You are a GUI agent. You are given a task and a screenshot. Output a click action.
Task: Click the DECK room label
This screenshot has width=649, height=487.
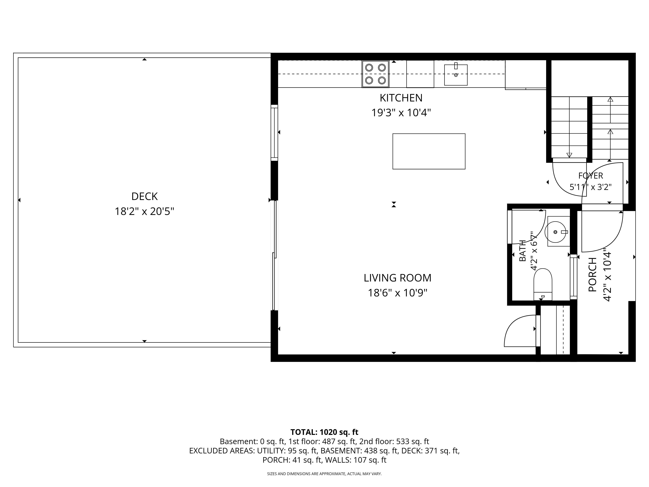[x=144, y=196]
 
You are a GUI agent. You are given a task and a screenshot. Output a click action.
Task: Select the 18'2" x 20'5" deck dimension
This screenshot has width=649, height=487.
[x=144, y=211]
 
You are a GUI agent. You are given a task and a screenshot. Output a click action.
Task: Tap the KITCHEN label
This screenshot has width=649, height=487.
[x=401, y=98]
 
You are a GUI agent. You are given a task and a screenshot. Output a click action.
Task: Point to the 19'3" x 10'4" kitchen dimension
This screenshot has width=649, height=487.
[x=401, y=113]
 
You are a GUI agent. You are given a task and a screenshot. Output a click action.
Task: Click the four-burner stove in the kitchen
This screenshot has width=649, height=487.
[x=376, y=74]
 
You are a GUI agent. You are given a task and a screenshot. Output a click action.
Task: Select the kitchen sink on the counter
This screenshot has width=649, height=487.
[x=456, y=75]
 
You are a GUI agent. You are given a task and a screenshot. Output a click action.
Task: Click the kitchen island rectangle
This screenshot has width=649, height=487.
[x=429, y=151]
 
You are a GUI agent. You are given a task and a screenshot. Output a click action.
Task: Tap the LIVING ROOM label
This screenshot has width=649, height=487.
[x=398, y=278]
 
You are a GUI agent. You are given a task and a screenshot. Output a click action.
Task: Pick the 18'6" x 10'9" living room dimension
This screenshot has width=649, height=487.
[x=398, y=293]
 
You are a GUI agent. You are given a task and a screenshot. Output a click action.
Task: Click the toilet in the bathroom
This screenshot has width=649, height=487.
[x=543, y=284]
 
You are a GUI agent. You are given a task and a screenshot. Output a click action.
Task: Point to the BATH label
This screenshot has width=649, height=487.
[x=523, y=251]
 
